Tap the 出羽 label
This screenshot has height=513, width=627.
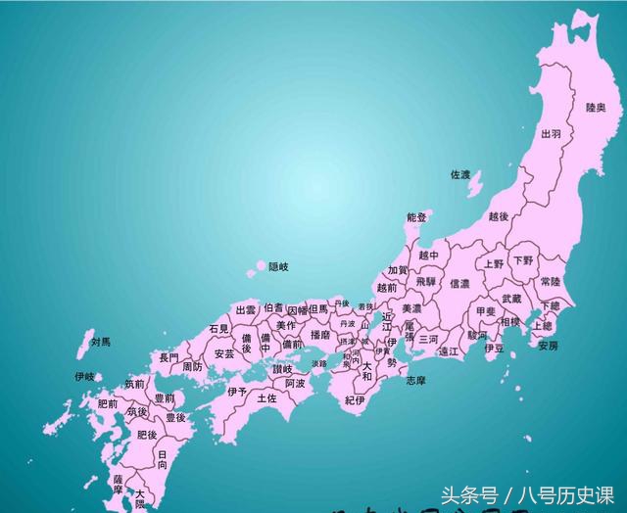[x=552, y=133]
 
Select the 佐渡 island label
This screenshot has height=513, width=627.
[x=460, y=175]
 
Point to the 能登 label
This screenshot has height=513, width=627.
[x=416, y=217]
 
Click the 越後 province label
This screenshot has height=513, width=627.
[x=499, y=216]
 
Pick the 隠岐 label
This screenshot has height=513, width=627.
[x=279, y=266]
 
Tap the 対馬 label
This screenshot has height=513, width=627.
[x=101, y=342]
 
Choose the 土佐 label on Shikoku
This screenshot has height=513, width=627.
[x=266, y=398]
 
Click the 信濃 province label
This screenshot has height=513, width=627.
[x=459, y=284]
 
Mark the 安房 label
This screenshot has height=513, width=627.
[x=548, y=346]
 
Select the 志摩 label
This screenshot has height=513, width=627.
[x=417, y=380]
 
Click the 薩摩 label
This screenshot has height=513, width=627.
[x=118, y=484]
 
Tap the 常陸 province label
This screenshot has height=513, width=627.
[x=552, y=282]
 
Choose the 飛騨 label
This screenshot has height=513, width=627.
[x=425, y=281]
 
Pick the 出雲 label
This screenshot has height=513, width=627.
[x=245, y=309]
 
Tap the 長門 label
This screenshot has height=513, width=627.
[x=169, y=358]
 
